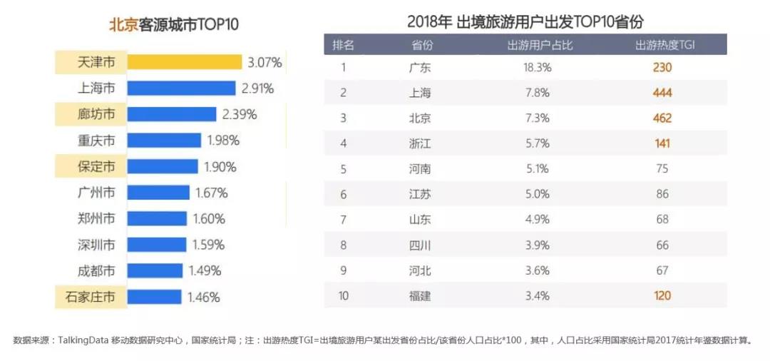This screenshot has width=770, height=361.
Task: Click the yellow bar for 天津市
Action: click(185, 63)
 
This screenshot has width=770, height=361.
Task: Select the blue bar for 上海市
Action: click(181, 88)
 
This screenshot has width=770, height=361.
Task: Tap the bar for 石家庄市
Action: click(155, 297)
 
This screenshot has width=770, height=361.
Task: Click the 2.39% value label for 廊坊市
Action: click(240, 114)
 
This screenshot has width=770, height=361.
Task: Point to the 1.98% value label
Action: click(225, 141)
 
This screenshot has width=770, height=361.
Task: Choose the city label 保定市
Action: click(96, 166)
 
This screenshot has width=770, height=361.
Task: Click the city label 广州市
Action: click(96, 193)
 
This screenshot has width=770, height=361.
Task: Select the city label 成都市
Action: click(96, 270)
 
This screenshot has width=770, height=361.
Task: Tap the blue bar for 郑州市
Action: click(158, 218)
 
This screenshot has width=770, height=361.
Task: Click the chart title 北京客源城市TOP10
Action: click(173, 24)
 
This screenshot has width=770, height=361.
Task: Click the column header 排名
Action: click(344, 45)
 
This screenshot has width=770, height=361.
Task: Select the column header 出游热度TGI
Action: click(664, 45)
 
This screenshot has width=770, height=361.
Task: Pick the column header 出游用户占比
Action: click(540, 45)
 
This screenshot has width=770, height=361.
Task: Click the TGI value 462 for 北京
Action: click(662, 118)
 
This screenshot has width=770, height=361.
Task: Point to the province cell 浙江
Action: click(421, 143)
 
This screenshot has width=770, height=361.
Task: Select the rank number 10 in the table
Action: click(344, 295)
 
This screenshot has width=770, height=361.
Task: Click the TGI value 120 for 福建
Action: click(662, 295)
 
